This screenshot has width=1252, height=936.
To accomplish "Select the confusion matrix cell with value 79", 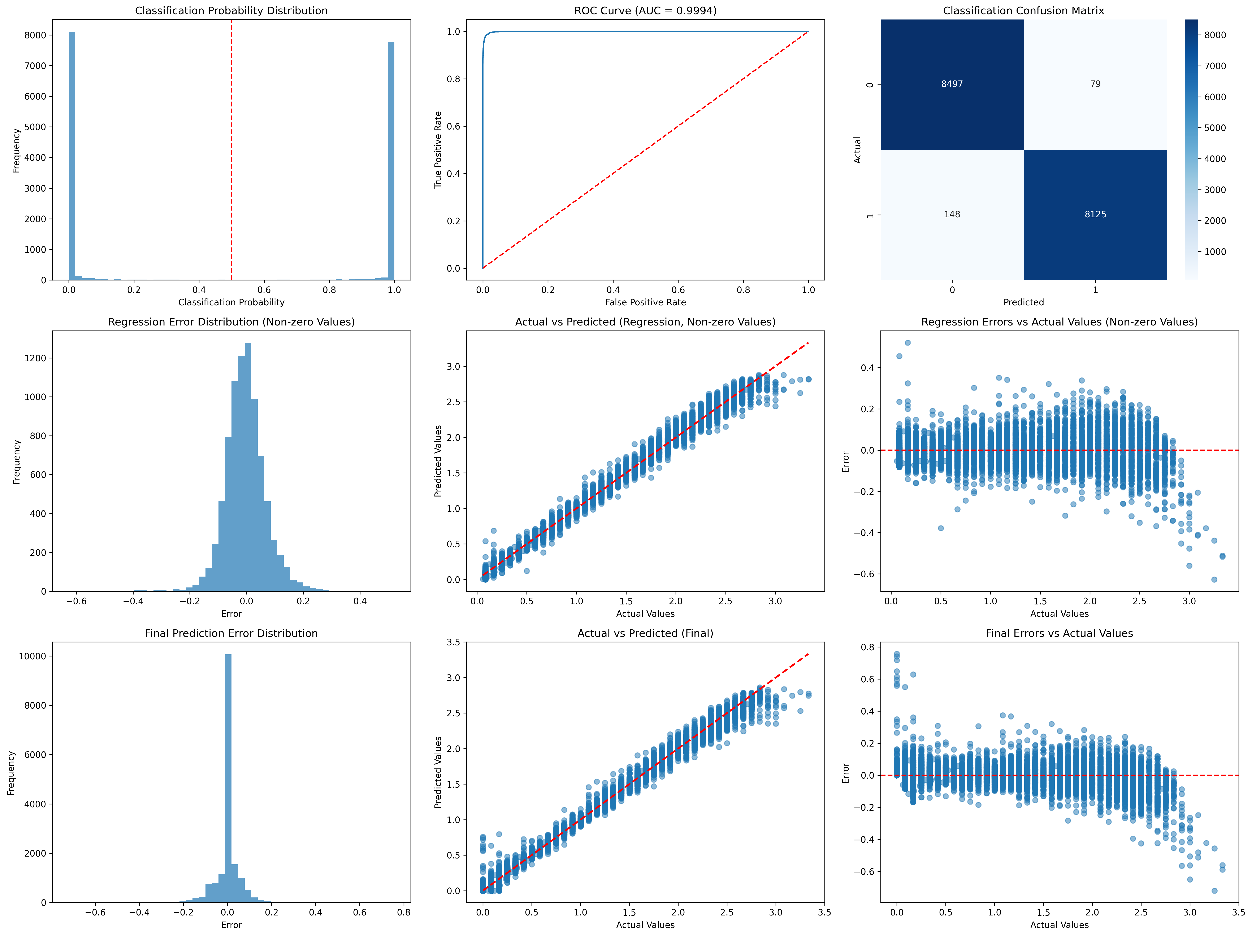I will [1095, 84].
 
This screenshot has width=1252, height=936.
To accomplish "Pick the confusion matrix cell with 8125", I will [1095, 214].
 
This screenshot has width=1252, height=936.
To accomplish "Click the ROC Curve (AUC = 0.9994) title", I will [645, 11].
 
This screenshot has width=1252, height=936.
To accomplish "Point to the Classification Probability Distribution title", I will [231, 11].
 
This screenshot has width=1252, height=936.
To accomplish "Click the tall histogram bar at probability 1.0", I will [391, 161].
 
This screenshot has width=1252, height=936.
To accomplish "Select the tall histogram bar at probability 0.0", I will [72, 156].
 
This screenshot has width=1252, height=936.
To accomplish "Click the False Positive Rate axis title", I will [645, 302].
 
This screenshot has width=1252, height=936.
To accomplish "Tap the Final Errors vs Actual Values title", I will [1059, 633].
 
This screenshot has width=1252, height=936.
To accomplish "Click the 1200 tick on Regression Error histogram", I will [36, 358].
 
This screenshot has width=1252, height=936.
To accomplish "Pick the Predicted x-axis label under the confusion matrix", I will [1023, 302].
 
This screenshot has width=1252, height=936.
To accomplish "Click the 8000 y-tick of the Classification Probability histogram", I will [35, 35].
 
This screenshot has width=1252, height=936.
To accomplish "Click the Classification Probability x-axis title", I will [231, 302].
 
